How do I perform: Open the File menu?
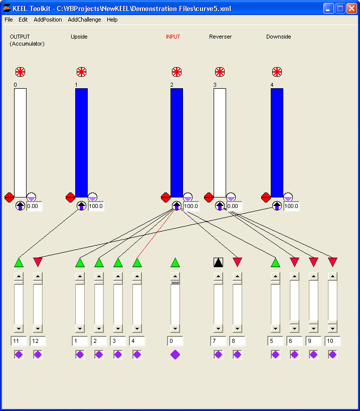(9, 20)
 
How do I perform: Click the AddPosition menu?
(48, 20)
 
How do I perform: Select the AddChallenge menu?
(84, 20)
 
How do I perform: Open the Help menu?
(112, 20)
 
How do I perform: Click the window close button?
(351, 9)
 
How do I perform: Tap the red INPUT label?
(173, 37)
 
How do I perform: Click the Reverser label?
(220, 37)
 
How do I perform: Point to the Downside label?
(278, 37)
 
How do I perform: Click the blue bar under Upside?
(81, 143)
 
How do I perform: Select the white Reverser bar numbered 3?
(220, 143)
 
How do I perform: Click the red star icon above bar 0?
(20, 72)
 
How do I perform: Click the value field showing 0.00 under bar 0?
(34, 206)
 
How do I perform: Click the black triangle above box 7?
(218, 262)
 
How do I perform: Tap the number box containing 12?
(38, 341)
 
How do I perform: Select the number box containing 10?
(332, 341)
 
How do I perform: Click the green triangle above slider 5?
(275, 262)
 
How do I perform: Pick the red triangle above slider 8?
(238, 262)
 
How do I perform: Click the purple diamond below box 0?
(175, 354)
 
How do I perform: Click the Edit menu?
(23, 20)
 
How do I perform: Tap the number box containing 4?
(137, 341)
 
